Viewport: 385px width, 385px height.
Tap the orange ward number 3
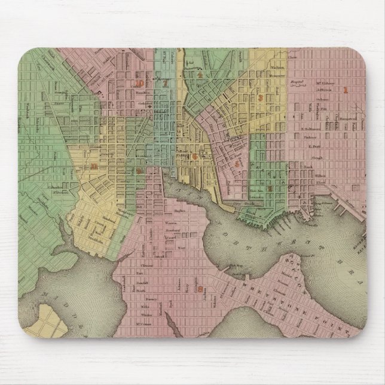(259, 98)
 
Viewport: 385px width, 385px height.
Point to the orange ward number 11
(93, 166)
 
